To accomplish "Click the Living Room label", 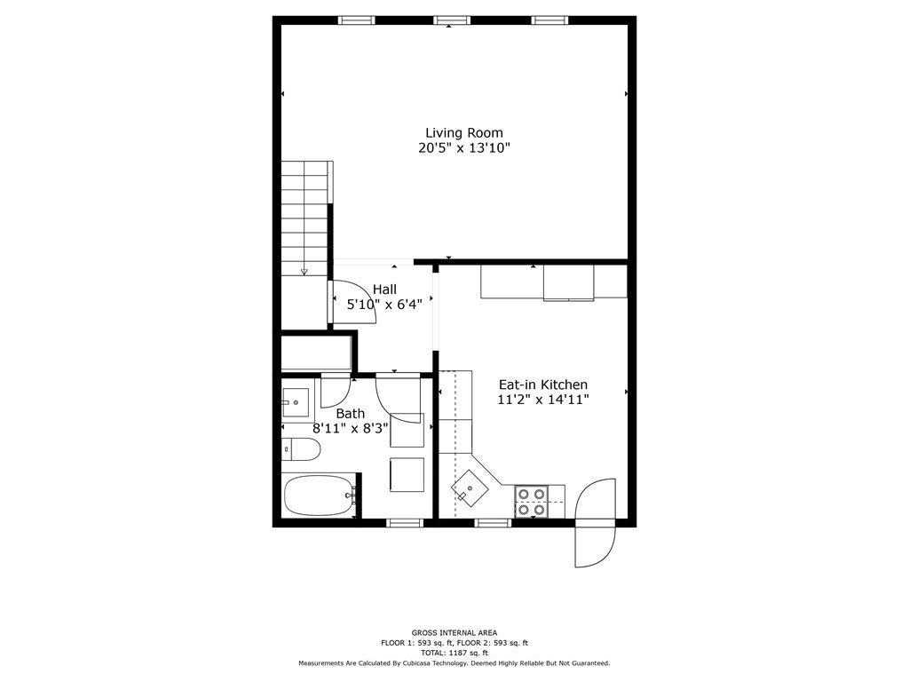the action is [x=463, y=133].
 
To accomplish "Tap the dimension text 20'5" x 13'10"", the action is [x=463, y=148].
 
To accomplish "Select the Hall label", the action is [x=384, y=289].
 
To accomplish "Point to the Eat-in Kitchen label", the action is [x=543, y=385].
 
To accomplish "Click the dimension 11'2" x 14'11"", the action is [x=543, y=400].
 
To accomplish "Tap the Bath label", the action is [x=350, y=414].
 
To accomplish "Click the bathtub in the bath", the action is [x=320, y=496].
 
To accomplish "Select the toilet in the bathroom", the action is [x=301, y=449].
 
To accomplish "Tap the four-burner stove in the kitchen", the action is [x=532, y=502].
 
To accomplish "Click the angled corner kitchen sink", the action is [x=470, y=487].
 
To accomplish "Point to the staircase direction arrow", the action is [x=304, y=271].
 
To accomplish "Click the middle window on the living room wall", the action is [x=452, y=20].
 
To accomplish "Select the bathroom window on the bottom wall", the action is [x=405, y=523].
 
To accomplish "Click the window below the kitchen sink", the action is [x=494, y=523].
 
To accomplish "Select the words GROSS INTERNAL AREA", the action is [x=454, y=632].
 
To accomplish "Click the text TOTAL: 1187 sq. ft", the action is [x=454, y=653].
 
